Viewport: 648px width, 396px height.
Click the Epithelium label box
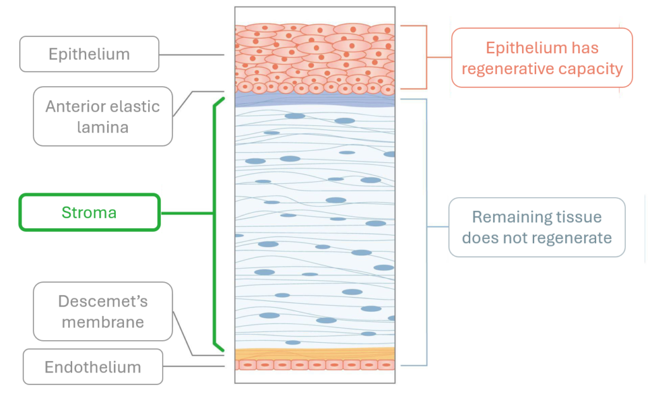pyautogui.click(x=89, y=54)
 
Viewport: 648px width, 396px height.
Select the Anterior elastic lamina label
pyautogui.click(x=103, y=116)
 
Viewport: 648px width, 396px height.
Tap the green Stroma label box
pyautogui.click(x=89, y=212)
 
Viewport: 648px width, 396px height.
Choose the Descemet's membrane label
pyautogui.click(x=103, y=311)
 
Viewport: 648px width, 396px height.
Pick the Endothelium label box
pyautogui.click(x=93, y=367)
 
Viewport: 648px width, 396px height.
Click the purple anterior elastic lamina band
pyautogui.click(x=315, y=100)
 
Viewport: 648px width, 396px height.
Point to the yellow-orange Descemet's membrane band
pyautogui.click(x=315, y=354)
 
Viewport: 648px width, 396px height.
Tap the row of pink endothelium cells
pyautogui.click(x=315, y=366)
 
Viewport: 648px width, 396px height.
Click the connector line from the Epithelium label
pyautogui.click(x=192, y=54)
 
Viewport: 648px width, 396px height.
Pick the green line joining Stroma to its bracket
pyautogui.click(x=187, y=213)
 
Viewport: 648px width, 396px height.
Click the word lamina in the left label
pyautogui.click(x=103, y=127)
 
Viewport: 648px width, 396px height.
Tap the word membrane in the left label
pyautogui.click(x=103, y=322)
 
